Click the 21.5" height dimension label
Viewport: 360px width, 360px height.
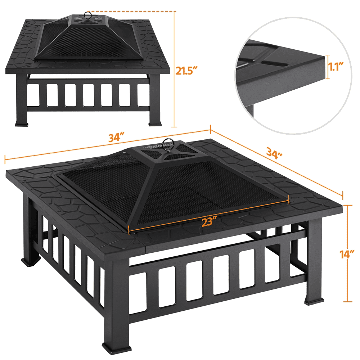pos(186,71)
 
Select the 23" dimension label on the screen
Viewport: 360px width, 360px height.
pos(210,221)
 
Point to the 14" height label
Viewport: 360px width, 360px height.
pos(347,255)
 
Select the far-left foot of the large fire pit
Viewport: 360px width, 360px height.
pos(30,262)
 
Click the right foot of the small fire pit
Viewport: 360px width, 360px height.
pos(156,123)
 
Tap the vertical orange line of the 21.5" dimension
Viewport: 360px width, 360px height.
pos(175,69)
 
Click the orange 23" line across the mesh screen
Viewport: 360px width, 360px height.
pos(208,215)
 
